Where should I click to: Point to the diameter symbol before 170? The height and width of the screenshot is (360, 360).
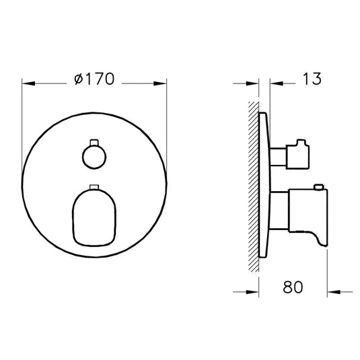[77, 79]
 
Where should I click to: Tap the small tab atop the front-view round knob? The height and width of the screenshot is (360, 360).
[93, 142]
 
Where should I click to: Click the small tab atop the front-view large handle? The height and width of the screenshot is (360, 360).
[94, 186]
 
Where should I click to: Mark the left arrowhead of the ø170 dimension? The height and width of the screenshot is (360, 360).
[27, 83]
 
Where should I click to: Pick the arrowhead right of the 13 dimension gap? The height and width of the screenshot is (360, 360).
[275, 83]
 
